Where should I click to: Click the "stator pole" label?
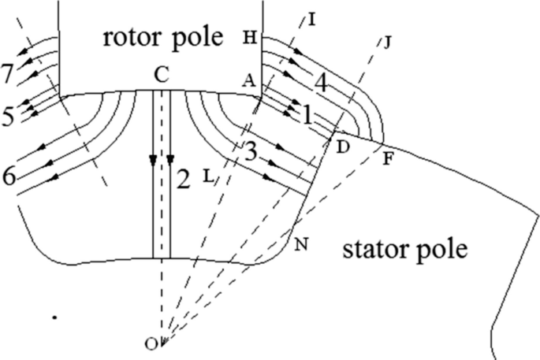(405, 251)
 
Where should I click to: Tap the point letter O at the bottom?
(151, 343)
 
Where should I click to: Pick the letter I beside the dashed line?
(312, 18)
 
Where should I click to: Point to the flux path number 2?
(183, 180)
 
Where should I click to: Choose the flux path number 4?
(319, 81)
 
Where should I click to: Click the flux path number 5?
(8, 117)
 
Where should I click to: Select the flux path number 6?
(9, 176)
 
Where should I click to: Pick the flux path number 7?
(8, 75)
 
